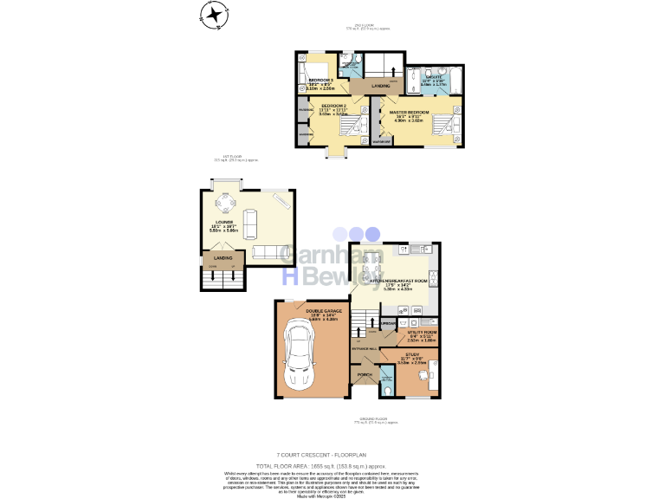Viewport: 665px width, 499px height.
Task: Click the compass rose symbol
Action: [x=213, y=14]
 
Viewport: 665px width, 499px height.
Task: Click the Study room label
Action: [x=412, y=355]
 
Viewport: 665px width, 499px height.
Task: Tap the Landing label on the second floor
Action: [x=380, y=87]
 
